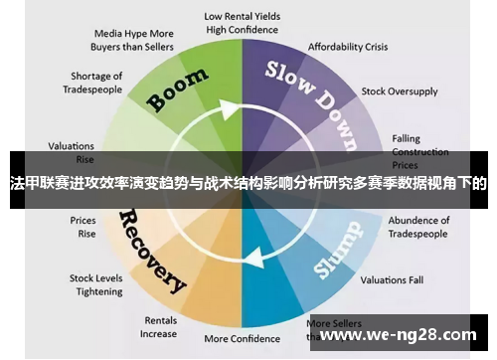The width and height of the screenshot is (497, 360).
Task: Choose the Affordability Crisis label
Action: (348, 47)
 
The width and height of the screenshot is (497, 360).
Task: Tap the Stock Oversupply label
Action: (400, 91)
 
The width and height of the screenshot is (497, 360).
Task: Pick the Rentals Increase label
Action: (159, 327)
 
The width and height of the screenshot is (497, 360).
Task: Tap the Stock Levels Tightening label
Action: (95, 284)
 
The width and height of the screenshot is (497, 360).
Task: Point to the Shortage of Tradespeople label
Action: (96, 83)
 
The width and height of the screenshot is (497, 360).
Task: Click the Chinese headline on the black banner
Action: (248, 184)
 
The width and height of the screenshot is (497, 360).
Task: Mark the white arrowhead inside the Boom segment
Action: (234, 106)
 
